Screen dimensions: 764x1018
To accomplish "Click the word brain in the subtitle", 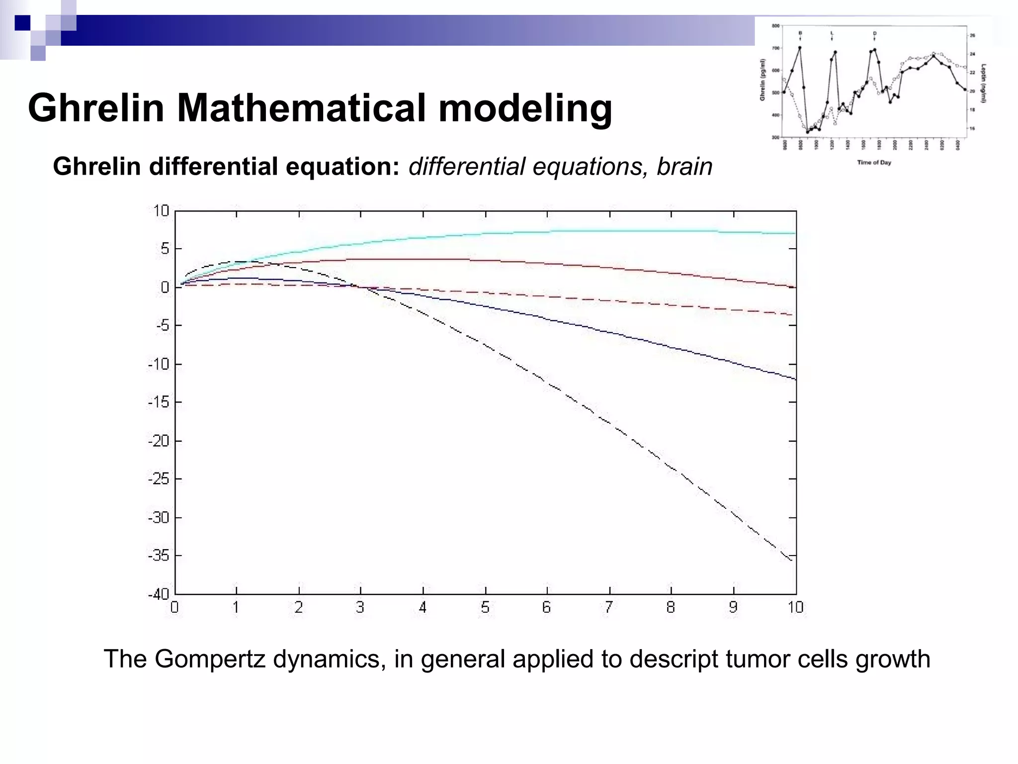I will click(x=684, y=167).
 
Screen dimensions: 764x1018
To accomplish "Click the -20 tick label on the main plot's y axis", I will click(x=159, y=441).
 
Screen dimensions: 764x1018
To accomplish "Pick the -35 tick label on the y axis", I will click(x=159, y=556).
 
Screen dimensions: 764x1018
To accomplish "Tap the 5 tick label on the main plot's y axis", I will click(x=165, y=249).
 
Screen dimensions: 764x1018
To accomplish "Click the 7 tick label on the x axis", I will click(x=609, y=607).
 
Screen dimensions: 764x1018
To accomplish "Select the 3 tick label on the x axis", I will click(x=360, y=607).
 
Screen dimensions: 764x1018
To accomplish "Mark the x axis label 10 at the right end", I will click(x=795, y=607).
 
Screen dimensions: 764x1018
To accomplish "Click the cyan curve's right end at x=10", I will click(x=794, y=233).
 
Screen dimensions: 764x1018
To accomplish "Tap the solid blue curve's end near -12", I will click(x=794, y=379).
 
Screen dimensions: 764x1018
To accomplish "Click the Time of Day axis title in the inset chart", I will click(x=874, y=163).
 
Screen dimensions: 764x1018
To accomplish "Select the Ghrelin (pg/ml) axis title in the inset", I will click(x=762, y=80).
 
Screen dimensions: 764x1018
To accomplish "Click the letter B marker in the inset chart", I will click(x=800, y=33).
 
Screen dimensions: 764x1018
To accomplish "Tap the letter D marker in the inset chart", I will click(x=874, y=33).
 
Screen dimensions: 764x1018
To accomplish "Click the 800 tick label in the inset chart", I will click(x=775, y=26).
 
